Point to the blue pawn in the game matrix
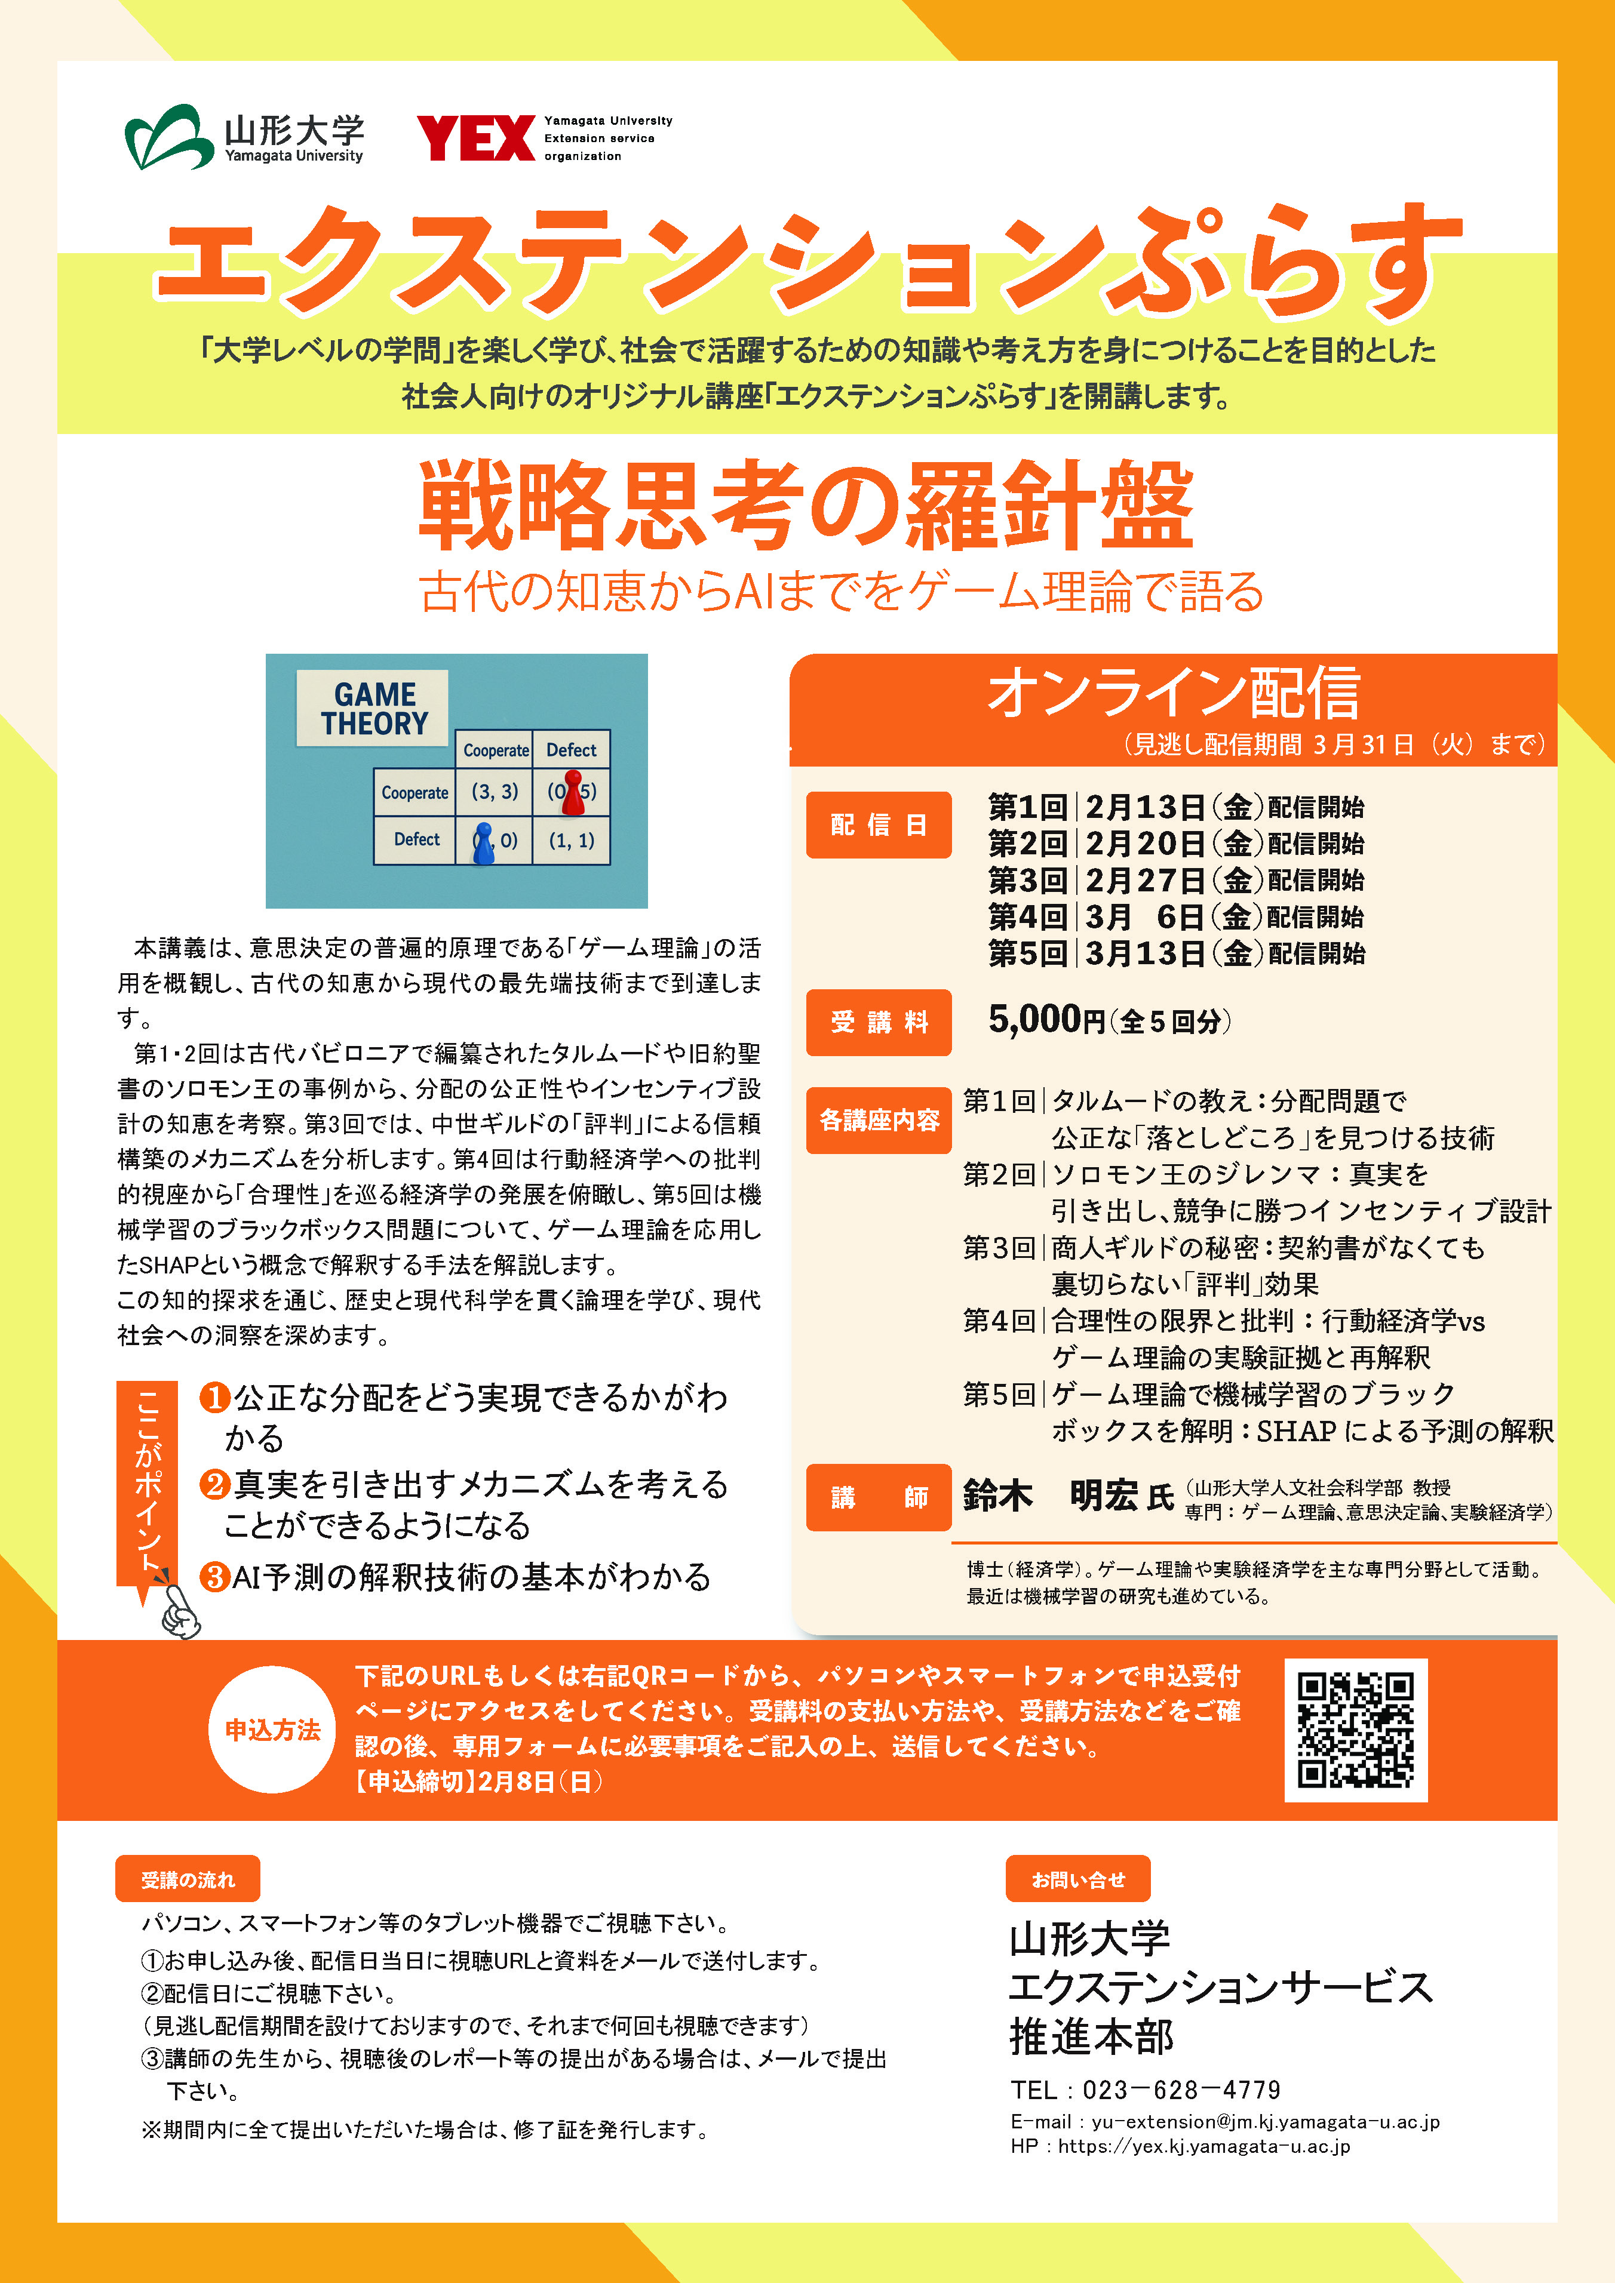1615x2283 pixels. [483, 843]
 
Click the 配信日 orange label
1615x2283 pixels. [878, 824]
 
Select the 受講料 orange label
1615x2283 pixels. [878, 1021]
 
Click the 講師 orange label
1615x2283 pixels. [878, 1497]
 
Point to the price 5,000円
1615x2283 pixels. [1046, 1019]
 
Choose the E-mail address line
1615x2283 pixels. [1224, 2121]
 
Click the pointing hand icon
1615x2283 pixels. [180, 1609]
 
